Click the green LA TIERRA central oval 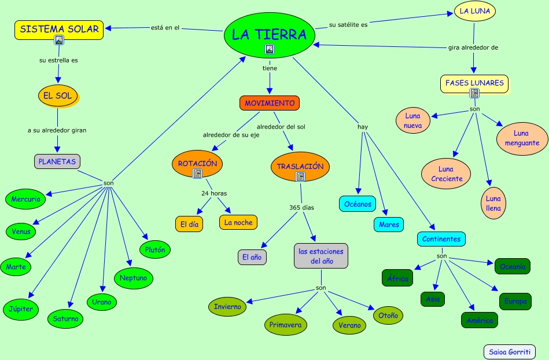270,35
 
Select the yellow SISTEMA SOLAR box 59,30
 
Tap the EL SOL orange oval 58,96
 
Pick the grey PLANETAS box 57,161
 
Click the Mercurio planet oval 25,199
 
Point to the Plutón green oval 154,250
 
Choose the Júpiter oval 21,308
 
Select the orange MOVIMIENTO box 270,103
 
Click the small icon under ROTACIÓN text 197,172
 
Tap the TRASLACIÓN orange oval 300,167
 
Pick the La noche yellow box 238,222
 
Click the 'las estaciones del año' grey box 321,256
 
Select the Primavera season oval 285,325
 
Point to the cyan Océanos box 358,204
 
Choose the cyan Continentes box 441,238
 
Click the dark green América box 480,320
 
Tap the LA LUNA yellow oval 475,11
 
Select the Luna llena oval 493,203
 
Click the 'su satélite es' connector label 348,24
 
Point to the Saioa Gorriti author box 509,351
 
